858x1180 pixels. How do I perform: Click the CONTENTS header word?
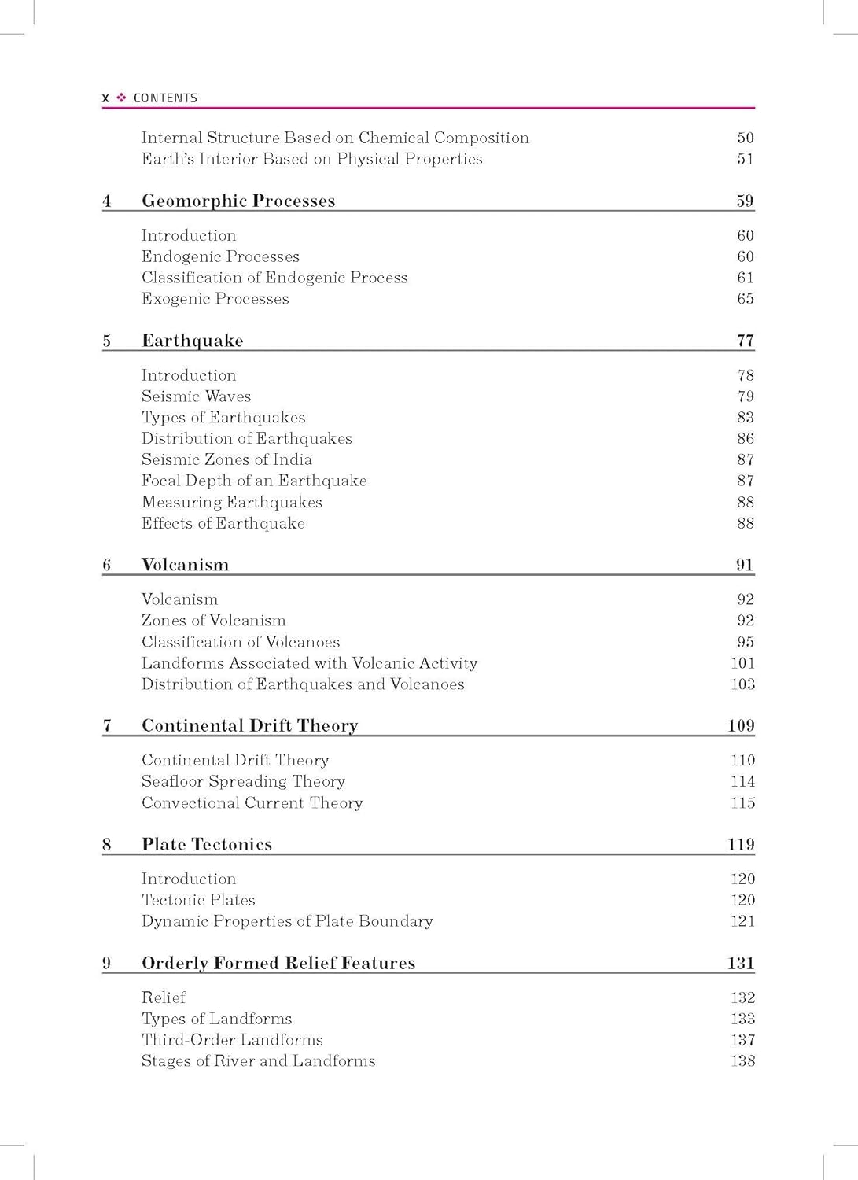(165, 98)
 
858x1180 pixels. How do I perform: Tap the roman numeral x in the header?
(105, 98)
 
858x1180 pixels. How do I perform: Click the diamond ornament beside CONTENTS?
(121, 98)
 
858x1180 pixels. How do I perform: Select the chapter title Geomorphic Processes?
(238, 201)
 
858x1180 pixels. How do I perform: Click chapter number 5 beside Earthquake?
(106, 341)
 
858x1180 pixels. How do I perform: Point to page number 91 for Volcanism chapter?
(744, 565)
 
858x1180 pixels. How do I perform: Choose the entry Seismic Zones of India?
(226, 459)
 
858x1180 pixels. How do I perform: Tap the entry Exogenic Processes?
(215, 299)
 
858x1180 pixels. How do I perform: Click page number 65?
(745, 299)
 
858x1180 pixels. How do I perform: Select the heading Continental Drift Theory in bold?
(249, 725)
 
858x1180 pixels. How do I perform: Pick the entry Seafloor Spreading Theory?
(243, 781)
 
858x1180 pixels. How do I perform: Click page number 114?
(742, 781)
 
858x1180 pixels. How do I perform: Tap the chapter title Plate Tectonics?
(207, 844)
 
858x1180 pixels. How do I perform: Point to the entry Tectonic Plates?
(198, 900)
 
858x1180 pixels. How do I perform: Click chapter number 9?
(106, 963)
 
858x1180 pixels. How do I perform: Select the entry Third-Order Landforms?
(232, 1040)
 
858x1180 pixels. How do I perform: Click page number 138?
(742, 1061)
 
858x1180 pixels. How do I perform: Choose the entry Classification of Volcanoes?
(241, 642)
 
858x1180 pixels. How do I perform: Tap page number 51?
(745, 159)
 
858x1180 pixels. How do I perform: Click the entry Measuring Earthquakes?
(232, 502)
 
